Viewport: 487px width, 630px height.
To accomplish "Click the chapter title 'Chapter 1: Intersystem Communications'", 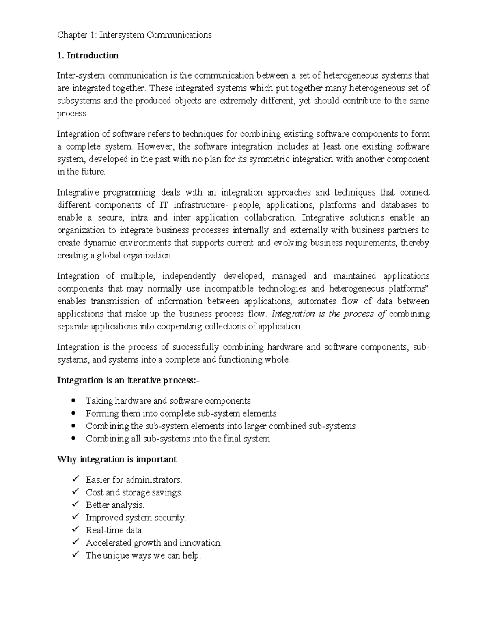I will coord(134,35).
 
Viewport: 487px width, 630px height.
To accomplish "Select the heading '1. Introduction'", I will coord(88,56).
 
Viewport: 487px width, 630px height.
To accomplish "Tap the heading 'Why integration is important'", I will coord(117,459).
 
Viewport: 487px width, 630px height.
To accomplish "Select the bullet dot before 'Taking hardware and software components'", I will coord(73,401).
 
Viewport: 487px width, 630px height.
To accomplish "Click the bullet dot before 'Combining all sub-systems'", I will coord(73,439).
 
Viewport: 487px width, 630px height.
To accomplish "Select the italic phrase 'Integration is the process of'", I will coord(328,314).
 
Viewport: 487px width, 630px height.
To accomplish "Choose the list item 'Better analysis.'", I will coord(115,505).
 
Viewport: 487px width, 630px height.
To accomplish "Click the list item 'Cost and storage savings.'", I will coord(134,492).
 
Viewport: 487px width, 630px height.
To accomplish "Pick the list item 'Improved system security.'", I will coord(136,518).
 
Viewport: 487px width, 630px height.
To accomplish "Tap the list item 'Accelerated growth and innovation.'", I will coord(153,543).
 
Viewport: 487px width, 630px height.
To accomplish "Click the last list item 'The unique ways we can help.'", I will coord(143,556).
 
